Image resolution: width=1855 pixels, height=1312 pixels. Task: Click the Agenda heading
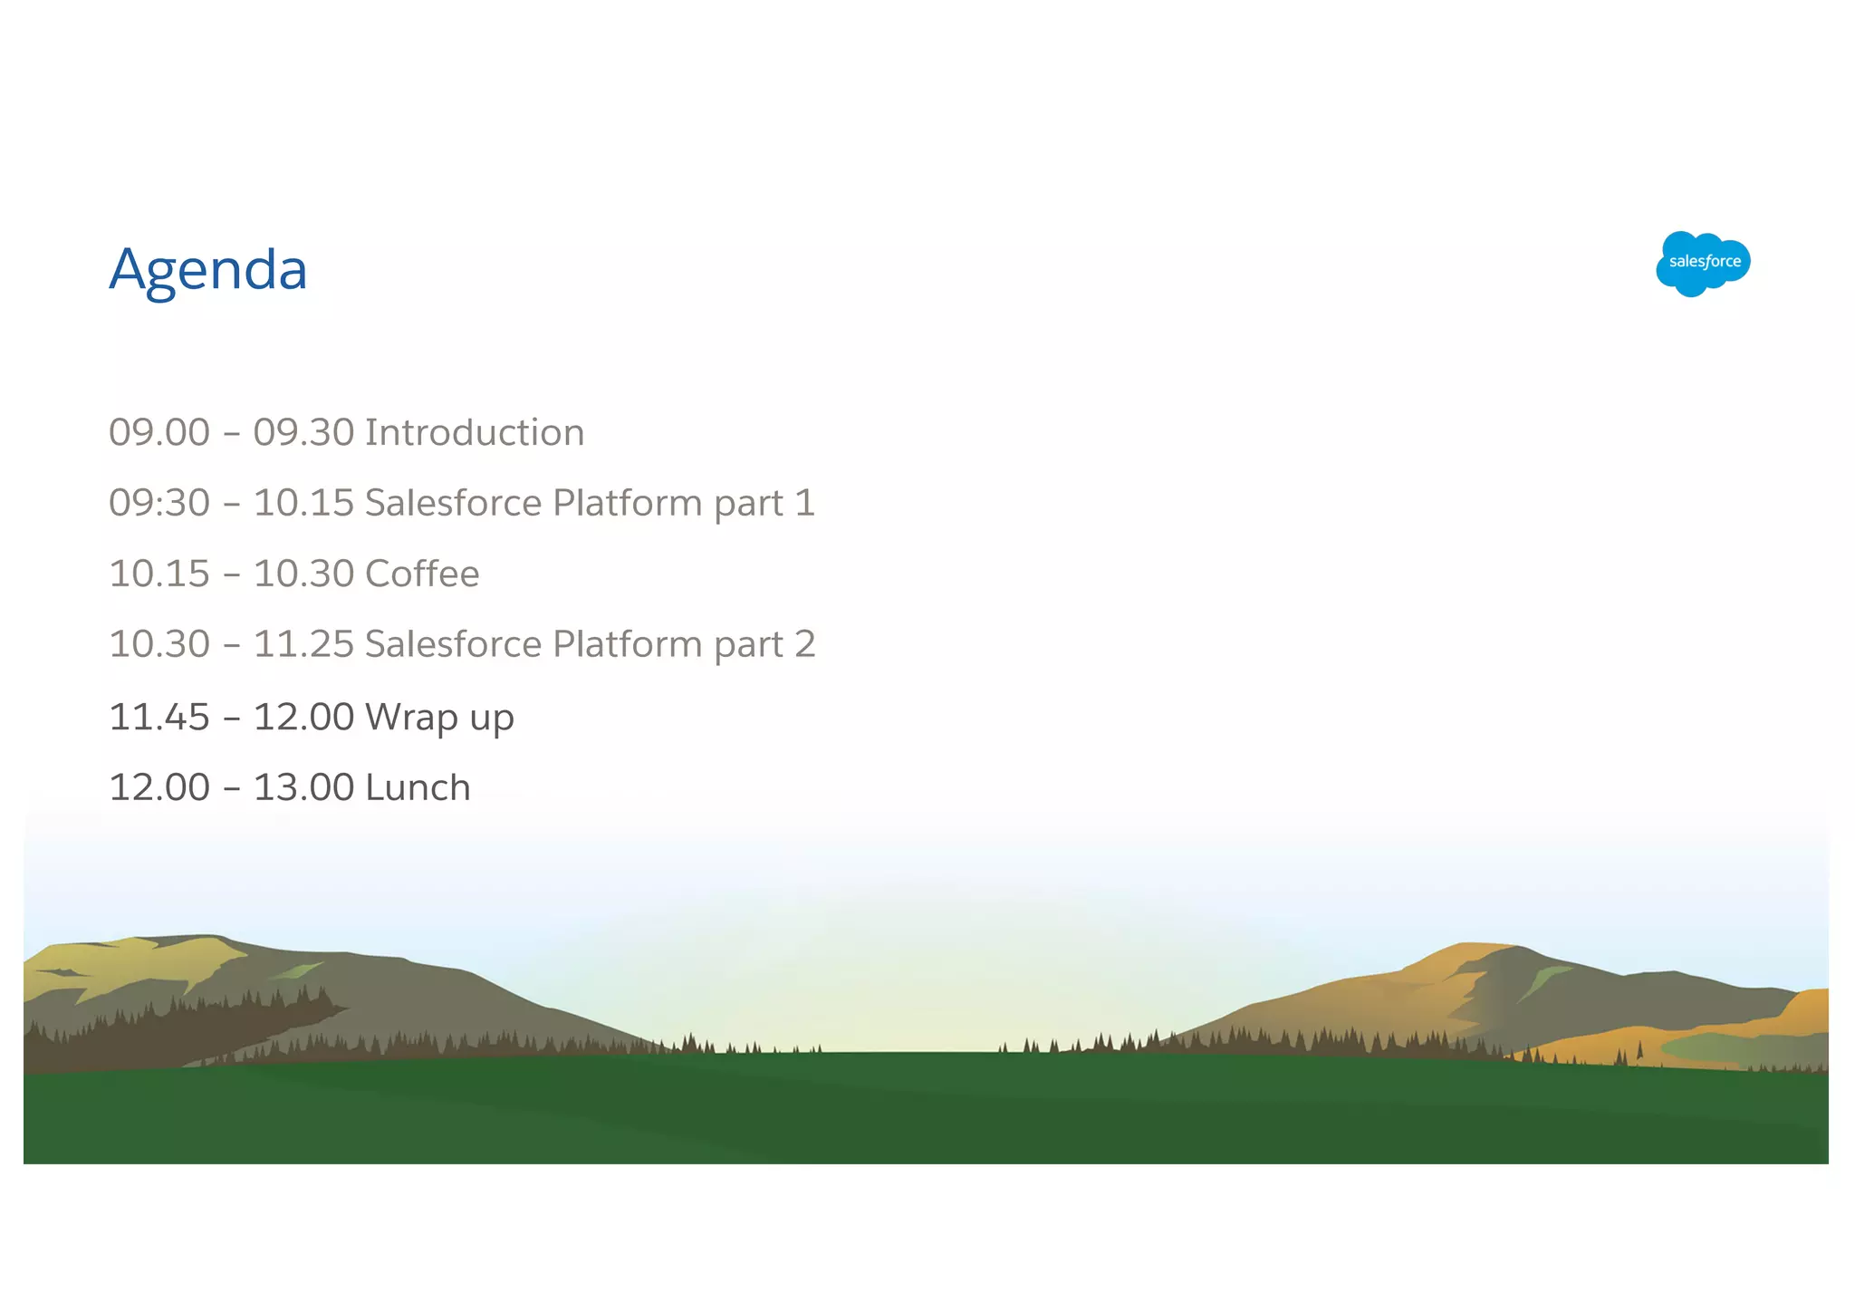tap(207, 270)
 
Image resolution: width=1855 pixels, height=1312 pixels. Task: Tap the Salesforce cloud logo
tap(1703, 263)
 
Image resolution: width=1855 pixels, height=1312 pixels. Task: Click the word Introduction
tap(474, 432)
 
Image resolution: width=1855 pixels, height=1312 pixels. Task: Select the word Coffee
tap(421, 574)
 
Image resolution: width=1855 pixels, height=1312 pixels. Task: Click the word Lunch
tap(418, 787)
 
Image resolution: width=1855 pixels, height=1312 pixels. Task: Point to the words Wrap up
tap(439, 718)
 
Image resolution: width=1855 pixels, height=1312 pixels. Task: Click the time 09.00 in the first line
tap(159, 432)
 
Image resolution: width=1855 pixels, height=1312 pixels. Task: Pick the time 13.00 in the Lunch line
tap(303, 787)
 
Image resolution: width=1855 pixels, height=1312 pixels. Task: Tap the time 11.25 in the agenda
tap(303, 644)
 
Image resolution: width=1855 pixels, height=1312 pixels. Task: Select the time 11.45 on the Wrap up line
tap(159, 718)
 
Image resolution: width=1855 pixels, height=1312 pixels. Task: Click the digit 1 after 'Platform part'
tap(805, 503)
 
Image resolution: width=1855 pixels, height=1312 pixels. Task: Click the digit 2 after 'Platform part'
tap(805, 644)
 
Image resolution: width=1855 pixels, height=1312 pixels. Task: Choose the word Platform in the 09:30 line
tap(627, 503)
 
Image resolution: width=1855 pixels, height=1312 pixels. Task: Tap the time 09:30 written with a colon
tap(159, 503)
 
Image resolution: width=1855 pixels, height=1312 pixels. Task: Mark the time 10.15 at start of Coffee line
tap(159, 574)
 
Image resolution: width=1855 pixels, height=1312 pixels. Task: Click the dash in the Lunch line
tap(232, 788)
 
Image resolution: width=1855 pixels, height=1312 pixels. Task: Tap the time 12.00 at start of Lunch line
tap(159, 787)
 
